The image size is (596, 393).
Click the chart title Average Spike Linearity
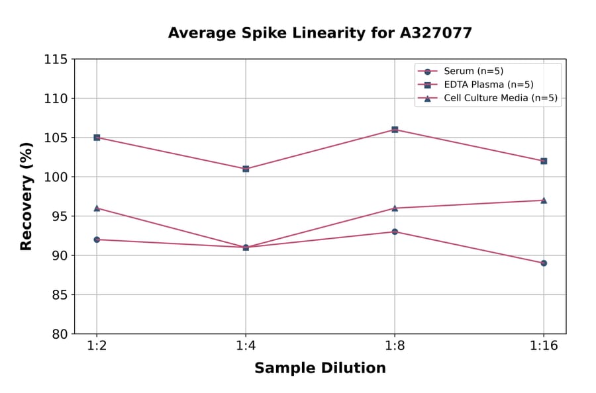point(320,32)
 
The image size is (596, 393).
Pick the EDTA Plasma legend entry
point(488,85)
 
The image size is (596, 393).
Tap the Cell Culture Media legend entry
point(500,99)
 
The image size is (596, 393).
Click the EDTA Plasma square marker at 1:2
point(97,138)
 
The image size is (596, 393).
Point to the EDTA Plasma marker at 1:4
point(246,169)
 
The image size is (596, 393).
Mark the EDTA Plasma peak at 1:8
point(395,130)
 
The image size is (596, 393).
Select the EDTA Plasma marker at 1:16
point(544,161)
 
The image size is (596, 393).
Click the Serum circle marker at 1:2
point(97,240)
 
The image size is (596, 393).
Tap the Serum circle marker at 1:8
point(395,232)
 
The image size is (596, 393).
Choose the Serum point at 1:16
point(544,263)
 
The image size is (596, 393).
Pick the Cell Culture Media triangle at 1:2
point(97,208)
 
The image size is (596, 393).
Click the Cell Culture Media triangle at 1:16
point(544,200)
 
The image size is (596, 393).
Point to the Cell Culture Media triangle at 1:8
point(395,208)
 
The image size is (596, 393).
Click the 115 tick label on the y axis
point(56,60)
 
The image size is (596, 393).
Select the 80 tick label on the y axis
point(60,334)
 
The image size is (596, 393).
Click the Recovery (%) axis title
point(26,196)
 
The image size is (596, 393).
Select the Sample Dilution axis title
point(320,369)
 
